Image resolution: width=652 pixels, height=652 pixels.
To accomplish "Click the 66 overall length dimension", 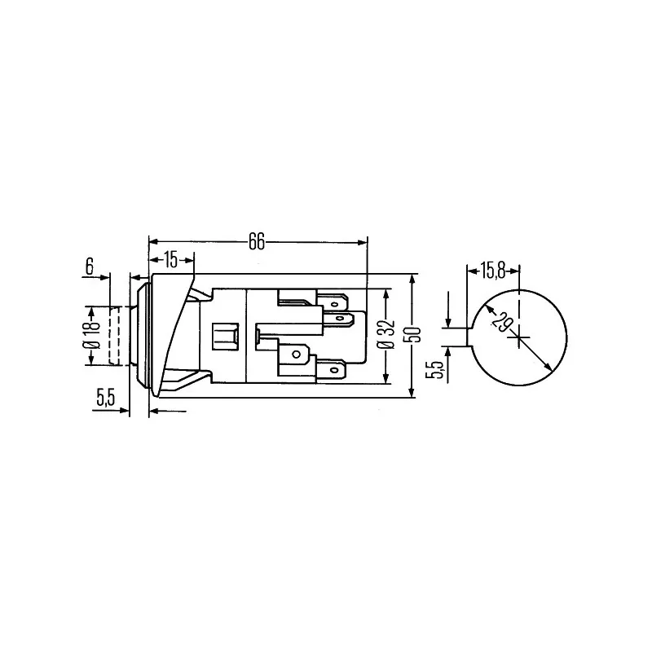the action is point(257,241).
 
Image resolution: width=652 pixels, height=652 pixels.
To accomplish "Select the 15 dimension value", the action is point(170,260).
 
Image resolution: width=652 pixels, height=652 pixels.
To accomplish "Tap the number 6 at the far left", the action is point(90,267).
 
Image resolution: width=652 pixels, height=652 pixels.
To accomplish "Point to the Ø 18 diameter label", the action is point(94,335).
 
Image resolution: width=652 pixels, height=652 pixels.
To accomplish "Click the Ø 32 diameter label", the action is point(388,335).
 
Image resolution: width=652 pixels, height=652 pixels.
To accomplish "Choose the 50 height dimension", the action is point(414,335).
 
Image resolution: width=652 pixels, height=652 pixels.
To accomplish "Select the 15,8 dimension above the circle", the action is point(493,271).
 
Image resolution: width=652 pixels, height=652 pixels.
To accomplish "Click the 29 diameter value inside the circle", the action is point(501,321).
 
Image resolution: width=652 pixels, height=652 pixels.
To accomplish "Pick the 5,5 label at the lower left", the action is point(105,398).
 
